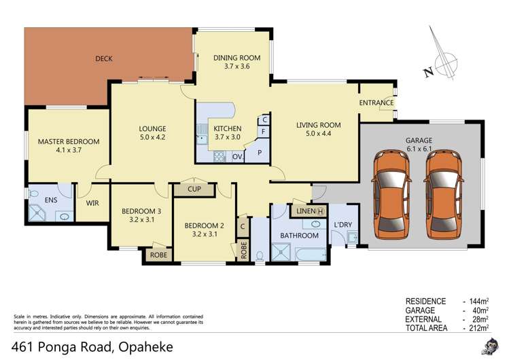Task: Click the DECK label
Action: click(104, 59)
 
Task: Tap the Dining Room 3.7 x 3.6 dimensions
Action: click(232, 67)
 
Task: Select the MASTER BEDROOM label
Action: click(68, 141)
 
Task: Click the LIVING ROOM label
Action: click(318, 125)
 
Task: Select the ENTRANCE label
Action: click(376, 103)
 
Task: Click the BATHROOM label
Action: click(300, 236)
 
